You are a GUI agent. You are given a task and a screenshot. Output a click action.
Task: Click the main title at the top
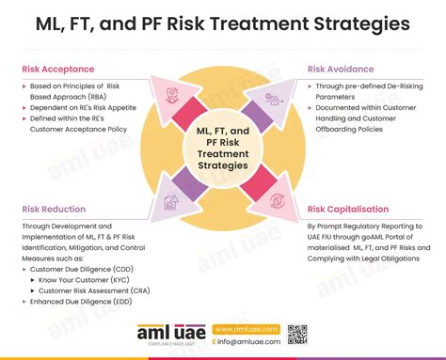tap(223, 23)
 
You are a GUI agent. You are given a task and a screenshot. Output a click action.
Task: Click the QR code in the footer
tap(297, 336)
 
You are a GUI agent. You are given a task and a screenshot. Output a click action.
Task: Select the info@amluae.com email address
tap(248, 343)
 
